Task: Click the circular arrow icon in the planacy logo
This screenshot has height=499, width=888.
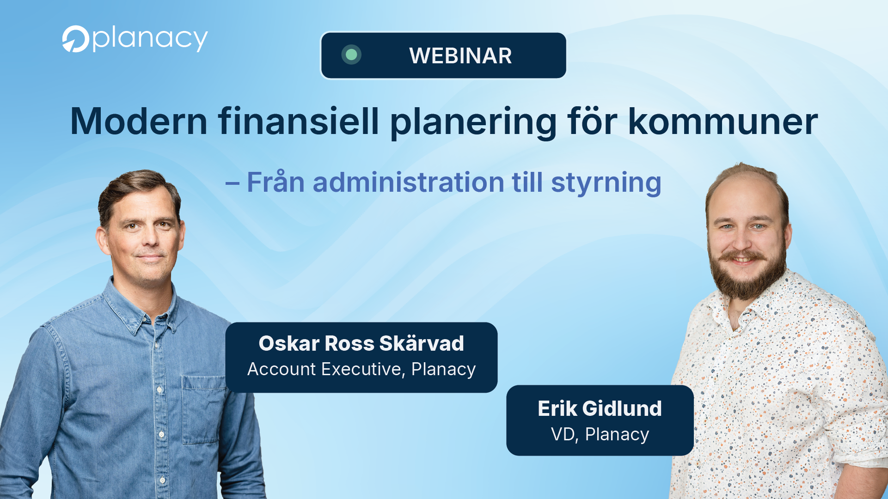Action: coord(75,39)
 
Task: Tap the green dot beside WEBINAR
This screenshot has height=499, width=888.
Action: coord(351,55)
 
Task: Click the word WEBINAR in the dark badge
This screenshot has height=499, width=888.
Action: coord(460,56)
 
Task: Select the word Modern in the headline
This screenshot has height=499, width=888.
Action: coord(139,121)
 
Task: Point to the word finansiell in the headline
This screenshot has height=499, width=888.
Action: coord(299,121)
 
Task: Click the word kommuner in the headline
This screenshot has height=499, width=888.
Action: coord(723,121)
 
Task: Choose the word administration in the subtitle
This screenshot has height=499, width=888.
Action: coord(408,182)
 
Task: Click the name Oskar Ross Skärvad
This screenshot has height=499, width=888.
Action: coord(361,343)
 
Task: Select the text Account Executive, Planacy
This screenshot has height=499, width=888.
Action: coord(361,369)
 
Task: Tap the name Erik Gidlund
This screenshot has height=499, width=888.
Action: coord(600,408)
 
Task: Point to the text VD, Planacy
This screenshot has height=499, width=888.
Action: coord(600,434)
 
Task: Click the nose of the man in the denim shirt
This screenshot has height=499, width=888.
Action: coord(150,238)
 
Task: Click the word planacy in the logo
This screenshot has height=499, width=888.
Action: coord(150,39)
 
